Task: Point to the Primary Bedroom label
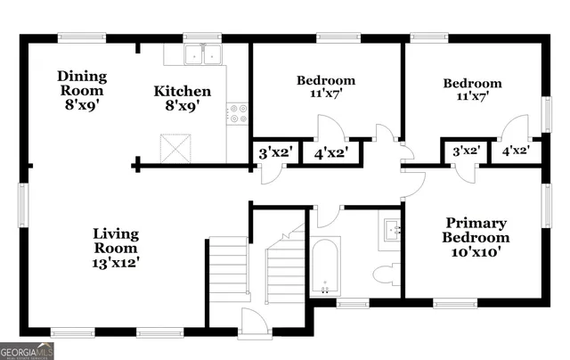pos(477,230)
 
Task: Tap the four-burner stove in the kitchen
pos(238,114)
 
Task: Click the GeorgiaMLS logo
pos(28,351)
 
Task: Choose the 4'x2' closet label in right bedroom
pos(516,151)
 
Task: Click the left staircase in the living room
pos(229,269)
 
